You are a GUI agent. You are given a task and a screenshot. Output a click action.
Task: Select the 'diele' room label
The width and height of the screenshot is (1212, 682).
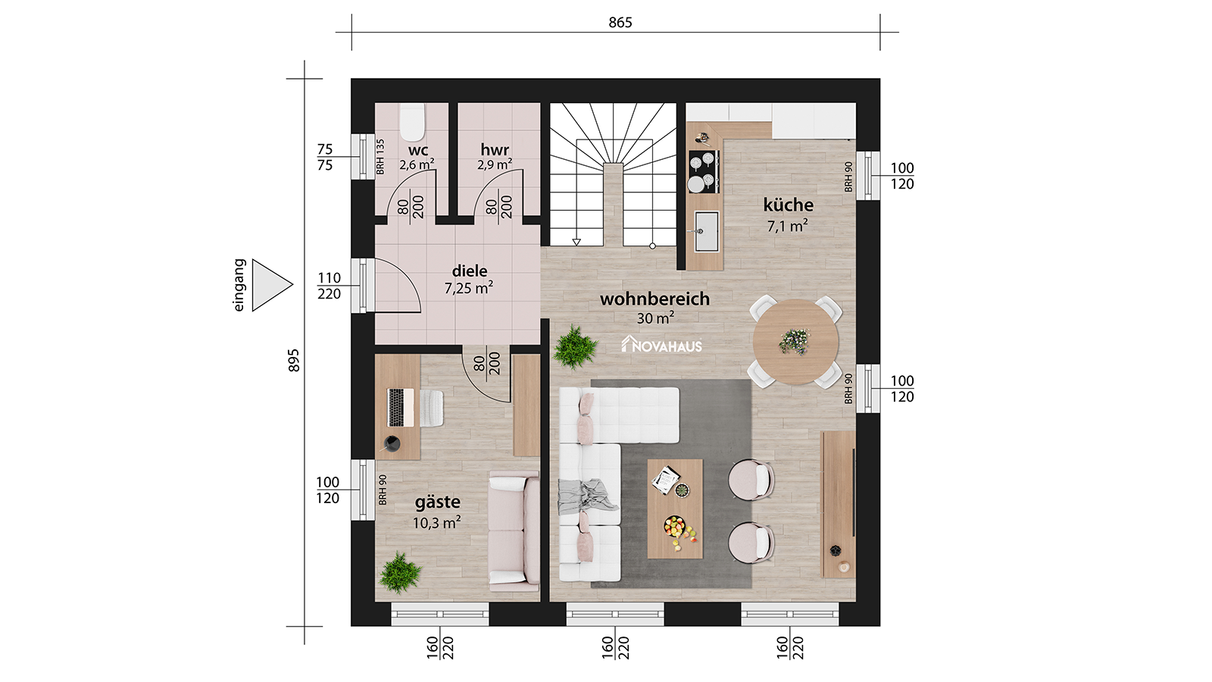click(x=470, y=271)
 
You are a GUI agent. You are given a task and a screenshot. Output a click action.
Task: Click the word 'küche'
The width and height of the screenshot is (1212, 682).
click(x=789, y=205)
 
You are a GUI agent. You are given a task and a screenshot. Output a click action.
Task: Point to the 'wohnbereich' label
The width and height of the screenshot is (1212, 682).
click(x=654, y=299)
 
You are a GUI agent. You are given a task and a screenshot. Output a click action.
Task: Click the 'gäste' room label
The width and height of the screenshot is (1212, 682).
click(x=438, y=502)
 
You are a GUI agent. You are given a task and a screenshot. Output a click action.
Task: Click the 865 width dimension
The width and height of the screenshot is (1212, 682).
click(x=620, y=22)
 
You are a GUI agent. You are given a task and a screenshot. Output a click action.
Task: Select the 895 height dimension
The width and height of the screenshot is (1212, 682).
click(x=293, y=361)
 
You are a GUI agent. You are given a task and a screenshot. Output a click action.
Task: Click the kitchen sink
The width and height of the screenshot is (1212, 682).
click(x=706, y=232)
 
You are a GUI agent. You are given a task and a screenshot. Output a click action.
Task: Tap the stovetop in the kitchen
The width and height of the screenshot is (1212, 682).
click(x=704, y=171)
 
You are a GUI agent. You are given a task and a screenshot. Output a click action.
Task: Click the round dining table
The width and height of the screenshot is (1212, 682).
click(x=795, y=342)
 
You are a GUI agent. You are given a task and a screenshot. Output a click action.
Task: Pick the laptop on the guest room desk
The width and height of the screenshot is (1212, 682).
click(x=401, y=408)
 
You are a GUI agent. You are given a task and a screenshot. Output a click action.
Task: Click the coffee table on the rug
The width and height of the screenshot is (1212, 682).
click(x=675, y=508)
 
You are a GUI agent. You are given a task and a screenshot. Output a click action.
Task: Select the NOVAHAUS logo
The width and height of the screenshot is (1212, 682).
click(x=662, y=345)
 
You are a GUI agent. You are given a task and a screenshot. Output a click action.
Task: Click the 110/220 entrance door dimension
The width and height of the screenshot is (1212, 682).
click(x=329, y=286)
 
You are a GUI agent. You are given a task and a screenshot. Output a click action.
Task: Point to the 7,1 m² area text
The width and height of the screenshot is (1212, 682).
click(x=788, y=226)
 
